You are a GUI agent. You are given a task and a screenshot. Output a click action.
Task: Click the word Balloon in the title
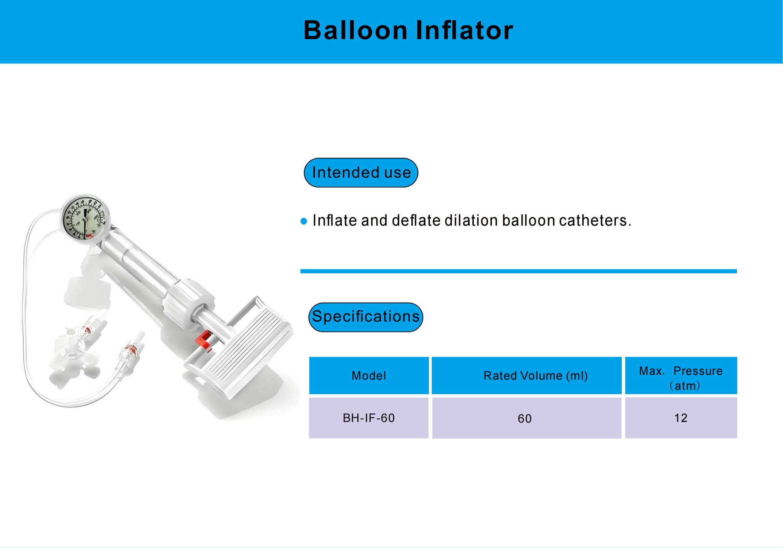[355, 30]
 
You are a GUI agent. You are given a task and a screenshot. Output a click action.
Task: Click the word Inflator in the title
[465, 30]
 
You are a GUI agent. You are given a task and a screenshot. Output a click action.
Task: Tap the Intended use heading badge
[361, 173]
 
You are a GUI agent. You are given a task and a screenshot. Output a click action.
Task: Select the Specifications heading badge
[365, 317]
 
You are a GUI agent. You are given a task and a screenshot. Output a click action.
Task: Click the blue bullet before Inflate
[304, 222]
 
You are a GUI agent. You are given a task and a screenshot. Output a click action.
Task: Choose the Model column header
[369, 375]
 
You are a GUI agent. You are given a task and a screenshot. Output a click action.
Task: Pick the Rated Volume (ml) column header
[526, 375]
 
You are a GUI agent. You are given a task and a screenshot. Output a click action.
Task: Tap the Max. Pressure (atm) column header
[681, 375]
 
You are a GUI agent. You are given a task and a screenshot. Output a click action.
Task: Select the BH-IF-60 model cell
[369, 418]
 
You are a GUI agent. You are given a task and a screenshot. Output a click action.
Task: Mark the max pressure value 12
[681, 418]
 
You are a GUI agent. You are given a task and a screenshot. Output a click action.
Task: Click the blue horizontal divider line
[518, 271]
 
